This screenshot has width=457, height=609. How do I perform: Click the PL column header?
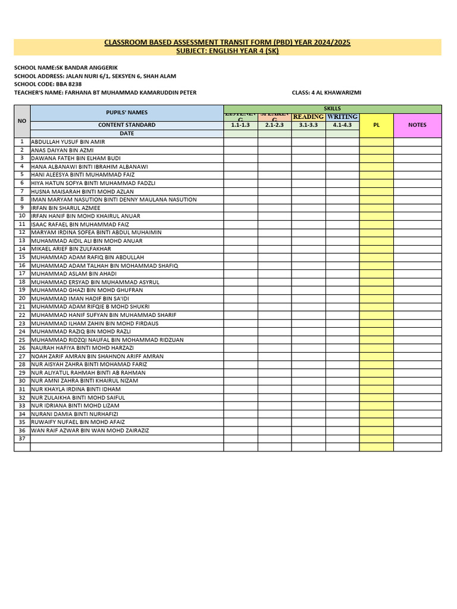(376, 125)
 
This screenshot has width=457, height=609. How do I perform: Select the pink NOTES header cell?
(417, 125)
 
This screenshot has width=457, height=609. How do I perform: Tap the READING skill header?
(308, 117)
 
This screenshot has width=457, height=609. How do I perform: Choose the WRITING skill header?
(342, 117)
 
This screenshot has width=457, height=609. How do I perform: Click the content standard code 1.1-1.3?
(240, 125)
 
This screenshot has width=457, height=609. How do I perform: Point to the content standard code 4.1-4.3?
(342, 125)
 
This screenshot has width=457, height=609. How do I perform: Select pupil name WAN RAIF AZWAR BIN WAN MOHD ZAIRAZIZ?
(90, 430)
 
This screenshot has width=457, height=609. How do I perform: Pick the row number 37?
(22, 438)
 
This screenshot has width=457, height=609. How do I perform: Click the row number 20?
(22, 298)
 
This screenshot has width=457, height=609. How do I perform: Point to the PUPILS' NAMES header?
(126, 112)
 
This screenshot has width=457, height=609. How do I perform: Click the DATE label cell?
(126, 134)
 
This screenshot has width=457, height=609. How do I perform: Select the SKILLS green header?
(332, 109)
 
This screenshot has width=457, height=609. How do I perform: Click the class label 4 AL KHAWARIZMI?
(327, 93)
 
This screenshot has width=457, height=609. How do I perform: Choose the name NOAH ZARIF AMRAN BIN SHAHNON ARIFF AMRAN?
(98, 356)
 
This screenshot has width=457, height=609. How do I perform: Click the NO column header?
(22, 121)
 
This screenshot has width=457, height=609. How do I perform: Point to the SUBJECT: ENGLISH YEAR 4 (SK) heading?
(227, 51)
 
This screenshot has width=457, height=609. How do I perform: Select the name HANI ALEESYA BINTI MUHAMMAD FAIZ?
(83, 175)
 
